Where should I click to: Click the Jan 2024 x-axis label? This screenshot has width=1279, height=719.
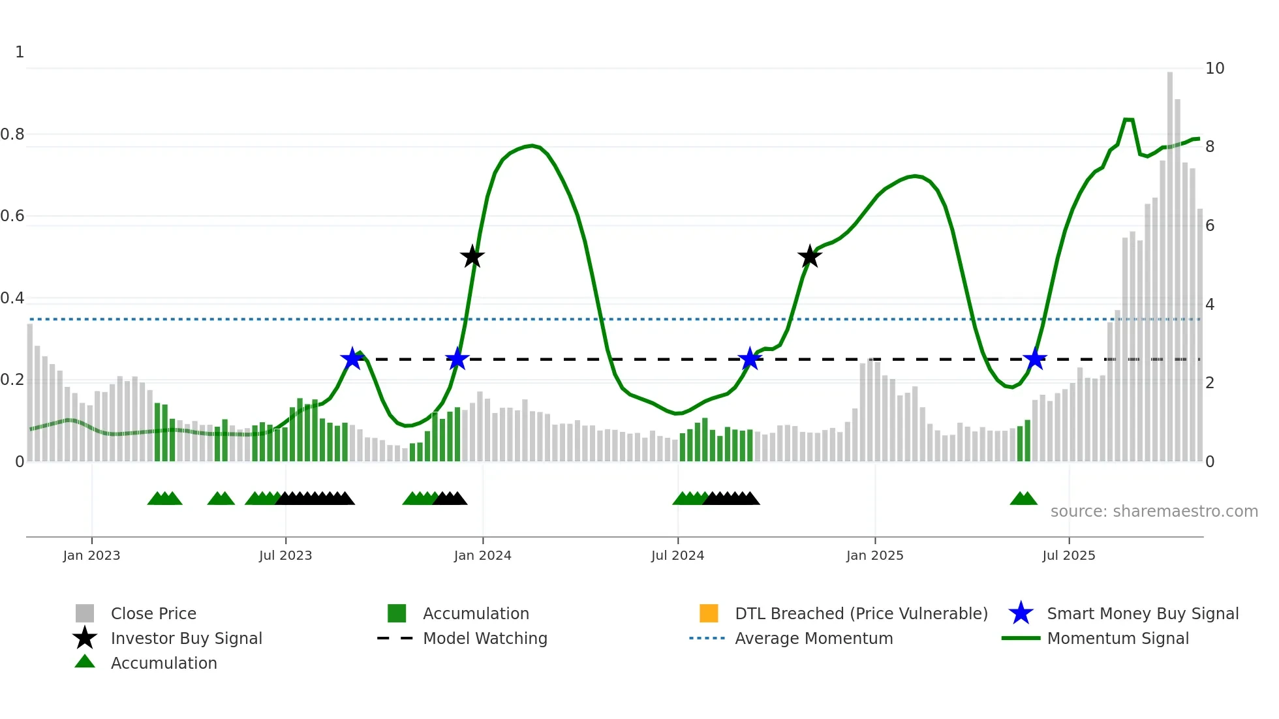click(482, 555)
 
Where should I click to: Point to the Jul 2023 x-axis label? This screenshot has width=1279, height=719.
click(285, 555)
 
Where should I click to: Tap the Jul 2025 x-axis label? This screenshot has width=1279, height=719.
click(1068, 555)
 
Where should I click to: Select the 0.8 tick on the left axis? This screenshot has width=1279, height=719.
click(12, 134)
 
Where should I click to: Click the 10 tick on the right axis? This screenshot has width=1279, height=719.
click(1214, 69)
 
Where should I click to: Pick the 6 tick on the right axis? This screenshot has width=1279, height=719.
click(1210, 226)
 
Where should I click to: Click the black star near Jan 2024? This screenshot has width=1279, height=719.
click(472, 256)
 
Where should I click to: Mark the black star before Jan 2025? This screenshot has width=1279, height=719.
click(809, 256)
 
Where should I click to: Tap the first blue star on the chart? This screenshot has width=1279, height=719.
click(352, 359)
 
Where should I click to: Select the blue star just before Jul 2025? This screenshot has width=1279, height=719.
click(1034, 359)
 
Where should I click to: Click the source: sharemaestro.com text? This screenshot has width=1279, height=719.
click(1154, 512)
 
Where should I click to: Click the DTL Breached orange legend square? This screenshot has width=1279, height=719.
click(709, 613)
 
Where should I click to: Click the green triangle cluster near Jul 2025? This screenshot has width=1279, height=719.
click(1023, 499)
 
